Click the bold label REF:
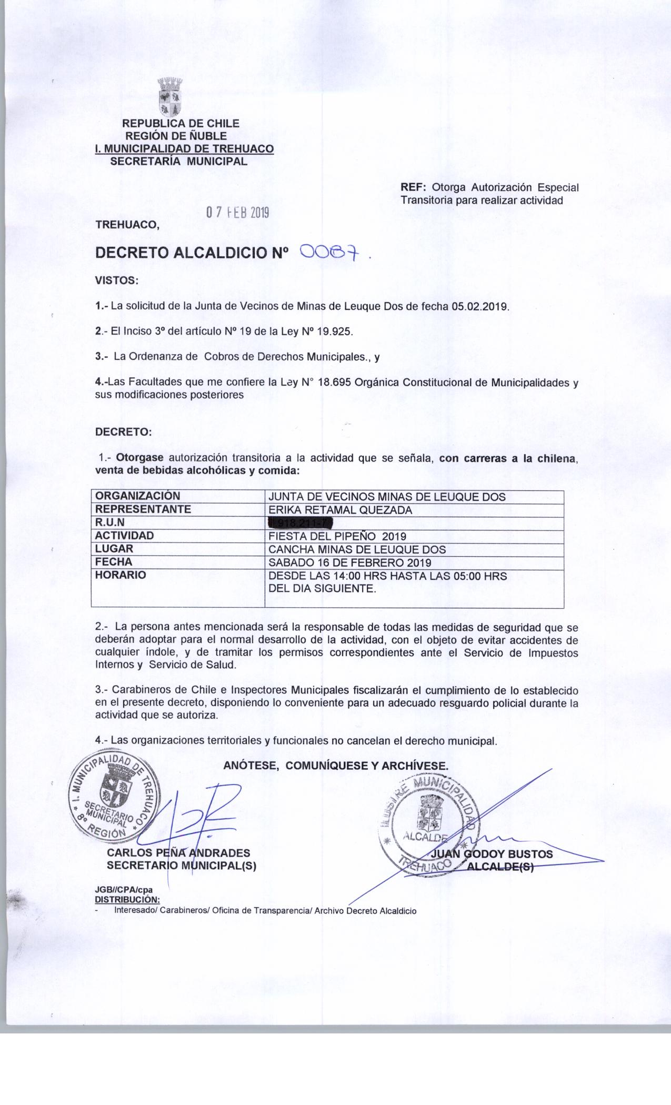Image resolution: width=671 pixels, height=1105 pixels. coord(413,187)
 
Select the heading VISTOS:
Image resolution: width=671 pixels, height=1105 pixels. coord(116,280)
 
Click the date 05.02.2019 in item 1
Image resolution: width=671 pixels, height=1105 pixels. coord(480,306)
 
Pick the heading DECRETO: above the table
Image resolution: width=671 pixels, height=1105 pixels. coord(123,432)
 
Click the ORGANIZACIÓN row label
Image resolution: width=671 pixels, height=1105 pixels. coord(137,496)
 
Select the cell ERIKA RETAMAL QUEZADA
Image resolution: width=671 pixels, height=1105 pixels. coord(340,510)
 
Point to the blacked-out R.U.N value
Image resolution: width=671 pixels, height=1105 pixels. coord(302,523)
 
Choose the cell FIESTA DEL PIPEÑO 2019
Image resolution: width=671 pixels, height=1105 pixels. coord(337,536)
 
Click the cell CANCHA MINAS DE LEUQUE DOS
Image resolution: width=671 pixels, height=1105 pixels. coord(357,549)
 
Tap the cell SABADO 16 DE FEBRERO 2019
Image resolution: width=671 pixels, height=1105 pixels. coord(350,562)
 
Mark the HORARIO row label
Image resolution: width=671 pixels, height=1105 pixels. coord(121,575)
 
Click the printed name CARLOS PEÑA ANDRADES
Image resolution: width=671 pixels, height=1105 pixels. coord(178,853)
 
